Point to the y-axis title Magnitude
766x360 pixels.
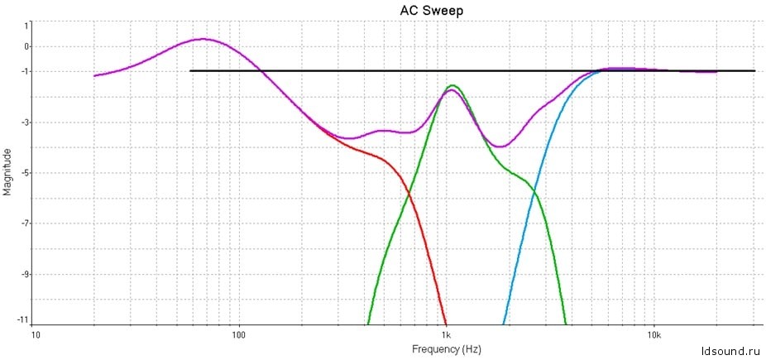click(8, 171)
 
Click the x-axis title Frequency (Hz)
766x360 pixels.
click(446, 349)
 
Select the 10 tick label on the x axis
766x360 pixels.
click(35, 336)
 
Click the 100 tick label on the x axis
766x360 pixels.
click(239, 336)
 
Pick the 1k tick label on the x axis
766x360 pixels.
click(446, 336)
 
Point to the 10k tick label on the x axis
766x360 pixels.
click(653, 336)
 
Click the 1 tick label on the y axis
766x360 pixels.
click(26, 25)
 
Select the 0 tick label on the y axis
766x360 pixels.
click(26, 46)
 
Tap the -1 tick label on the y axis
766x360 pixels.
click(25, 72)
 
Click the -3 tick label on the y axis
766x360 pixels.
click(25, 122)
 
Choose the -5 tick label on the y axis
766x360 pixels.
click(25, 173)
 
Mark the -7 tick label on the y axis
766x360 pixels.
click(25, 223)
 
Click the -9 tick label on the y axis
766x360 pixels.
click(25, 274)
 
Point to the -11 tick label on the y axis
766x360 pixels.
click(23, 319)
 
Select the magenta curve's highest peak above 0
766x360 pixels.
click(203, 39)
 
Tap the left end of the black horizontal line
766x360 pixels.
click(190, 71)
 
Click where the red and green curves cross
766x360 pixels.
click(409, 194)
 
